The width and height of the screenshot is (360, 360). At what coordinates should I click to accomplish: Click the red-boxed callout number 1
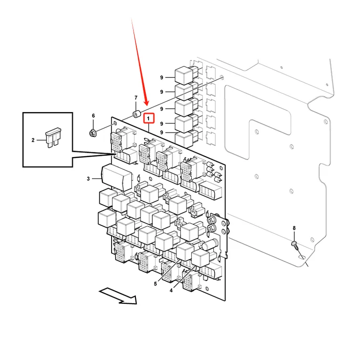coord(148,119)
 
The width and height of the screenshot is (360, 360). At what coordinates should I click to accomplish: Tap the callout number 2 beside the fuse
coord(33,140)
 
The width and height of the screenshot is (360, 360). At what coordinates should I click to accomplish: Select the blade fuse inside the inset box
coord(53,137)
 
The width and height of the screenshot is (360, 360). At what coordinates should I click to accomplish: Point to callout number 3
coord(88,179)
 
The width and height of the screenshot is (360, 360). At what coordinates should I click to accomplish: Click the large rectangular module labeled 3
coord(117,178)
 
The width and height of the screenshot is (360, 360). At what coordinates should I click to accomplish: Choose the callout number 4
coord(171,291)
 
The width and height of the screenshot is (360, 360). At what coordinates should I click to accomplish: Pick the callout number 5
coord(156,284)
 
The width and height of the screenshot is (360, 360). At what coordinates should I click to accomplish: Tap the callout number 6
coord(93,116)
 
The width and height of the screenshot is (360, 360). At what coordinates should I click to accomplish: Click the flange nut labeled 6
coord(93,133)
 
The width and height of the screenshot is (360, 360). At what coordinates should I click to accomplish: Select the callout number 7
coord(136,98)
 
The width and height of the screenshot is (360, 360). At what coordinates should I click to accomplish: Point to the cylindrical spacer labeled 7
coord(137,114)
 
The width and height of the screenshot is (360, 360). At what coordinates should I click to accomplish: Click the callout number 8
coord(294,228)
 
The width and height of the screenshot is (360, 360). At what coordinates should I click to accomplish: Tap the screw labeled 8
coord(295,246)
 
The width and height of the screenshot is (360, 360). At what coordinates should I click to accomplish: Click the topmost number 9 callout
coord(162,78)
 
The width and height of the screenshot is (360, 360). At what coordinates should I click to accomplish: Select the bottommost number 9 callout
coord(162,133)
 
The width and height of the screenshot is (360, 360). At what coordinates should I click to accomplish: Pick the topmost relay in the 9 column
coord(184,75)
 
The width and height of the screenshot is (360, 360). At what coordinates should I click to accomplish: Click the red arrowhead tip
coord(147,105)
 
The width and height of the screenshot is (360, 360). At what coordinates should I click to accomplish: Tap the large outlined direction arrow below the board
coord(118,296)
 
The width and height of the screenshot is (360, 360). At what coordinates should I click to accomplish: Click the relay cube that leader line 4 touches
coord(201,259)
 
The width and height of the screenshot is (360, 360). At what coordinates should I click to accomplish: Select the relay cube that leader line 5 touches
coord(185,252)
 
